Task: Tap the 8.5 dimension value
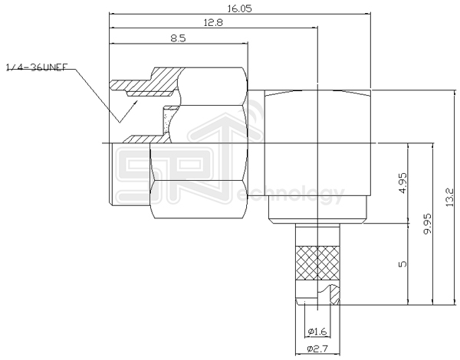176,38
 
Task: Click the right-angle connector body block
318,153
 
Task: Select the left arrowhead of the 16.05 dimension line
114,15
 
